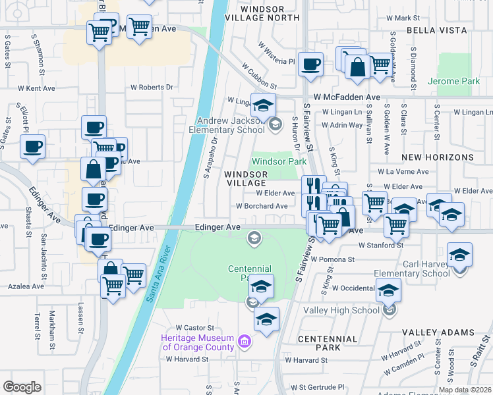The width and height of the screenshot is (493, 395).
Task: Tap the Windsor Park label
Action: pos(279,161)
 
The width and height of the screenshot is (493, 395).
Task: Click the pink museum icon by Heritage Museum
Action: pos(245,341)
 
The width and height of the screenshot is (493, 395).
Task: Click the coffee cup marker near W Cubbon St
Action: pos(310,65)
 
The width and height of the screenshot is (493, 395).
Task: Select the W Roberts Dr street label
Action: pos(152,87)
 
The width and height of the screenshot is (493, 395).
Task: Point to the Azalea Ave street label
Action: pos(26,286)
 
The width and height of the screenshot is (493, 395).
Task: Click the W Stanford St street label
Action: pos(380,245)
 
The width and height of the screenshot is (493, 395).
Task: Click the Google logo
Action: pos(22,387)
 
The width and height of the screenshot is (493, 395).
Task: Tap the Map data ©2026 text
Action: pos(464,390)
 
